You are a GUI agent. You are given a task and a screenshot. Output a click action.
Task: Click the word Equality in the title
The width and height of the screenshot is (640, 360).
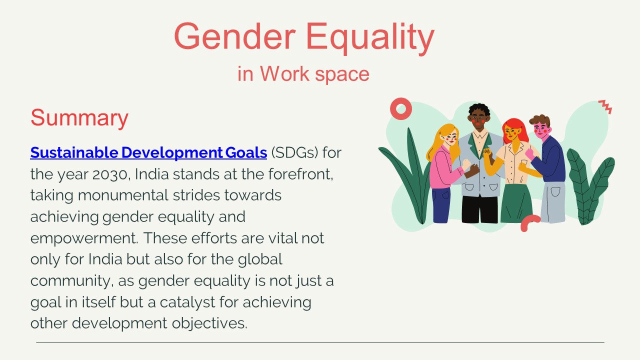click(x=370, y=38)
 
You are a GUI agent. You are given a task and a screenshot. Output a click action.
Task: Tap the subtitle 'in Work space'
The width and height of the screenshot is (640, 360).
click(x=303, y=74)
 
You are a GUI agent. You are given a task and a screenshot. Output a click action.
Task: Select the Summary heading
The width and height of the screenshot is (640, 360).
click(x=79, y=118)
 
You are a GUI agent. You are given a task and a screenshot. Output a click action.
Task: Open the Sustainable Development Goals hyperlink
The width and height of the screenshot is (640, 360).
click(x=148, y=152)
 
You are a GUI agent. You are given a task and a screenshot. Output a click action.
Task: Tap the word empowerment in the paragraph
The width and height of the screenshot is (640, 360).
click(x=83, y=238)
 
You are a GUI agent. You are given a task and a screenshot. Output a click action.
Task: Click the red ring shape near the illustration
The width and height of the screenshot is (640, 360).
click(x=400, y=108)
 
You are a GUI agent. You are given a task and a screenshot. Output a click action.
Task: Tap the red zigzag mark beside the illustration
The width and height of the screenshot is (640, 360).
click(x=605, y=106)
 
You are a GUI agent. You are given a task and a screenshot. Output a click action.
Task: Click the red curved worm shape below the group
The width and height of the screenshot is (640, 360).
click(x=530, y=222)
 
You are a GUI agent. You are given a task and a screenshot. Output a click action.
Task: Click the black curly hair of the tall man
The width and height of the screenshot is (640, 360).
click(x=479, y=110)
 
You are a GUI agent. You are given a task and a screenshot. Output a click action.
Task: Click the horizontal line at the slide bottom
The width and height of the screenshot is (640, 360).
click(x=320, y=342)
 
